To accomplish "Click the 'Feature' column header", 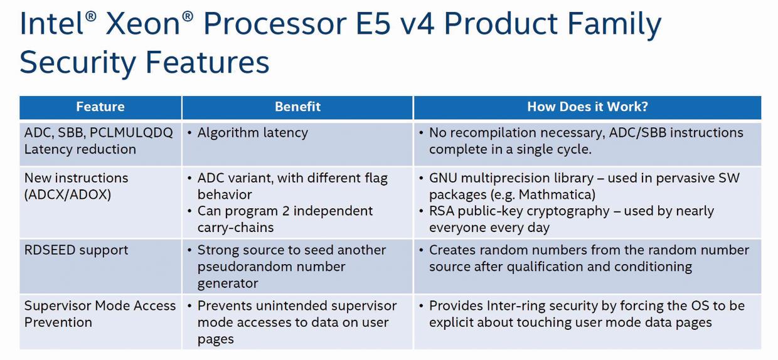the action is click(100, 107).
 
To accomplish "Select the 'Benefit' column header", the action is click(297, 107).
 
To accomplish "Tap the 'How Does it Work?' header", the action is click(587, 107).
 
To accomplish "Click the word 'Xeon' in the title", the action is click(143, 24).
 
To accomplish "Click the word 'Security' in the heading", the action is click(78, 63).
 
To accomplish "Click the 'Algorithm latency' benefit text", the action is click(252, 133).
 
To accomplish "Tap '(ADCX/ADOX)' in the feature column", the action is click(68, 195).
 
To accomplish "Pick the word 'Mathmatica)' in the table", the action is click(557, 195).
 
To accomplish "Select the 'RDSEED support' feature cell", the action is click(76, 251).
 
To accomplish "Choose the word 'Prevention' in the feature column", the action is click(58, 322).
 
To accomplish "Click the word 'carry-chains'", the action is click(235, 228).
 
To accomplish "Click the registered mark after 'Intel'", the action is click(90, 17).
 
